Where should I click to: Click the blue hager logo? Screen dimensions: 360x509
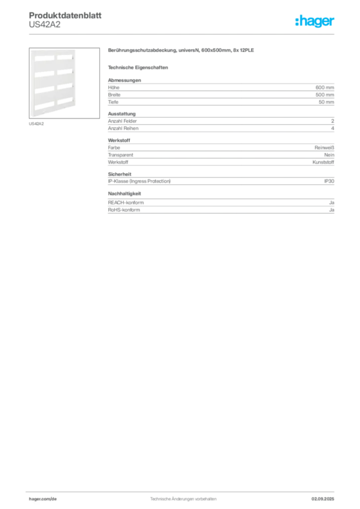pos(315,21)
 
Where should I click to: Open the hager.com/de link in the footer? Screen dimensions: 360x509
pos(42,498)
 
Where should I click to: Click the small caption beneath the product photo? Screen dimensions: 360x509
pos(37,124)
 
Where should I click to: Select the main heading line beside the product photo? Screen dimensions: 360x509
pos(181,51)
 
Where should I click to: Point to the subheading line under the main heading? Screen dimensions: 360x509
pos(139,67)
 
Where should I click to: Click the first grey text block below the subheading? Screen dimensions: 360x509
pos(220,92)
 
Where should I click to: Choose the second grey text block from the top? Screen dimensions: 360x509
pos(220,124)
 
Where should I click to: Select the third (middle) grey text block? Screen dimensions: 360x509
pos(220,152)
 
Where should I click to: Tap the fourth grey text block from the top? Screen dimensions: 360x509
pos(220,179)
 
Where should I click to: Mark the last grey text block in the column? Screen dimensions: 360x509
pos(220,203)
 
